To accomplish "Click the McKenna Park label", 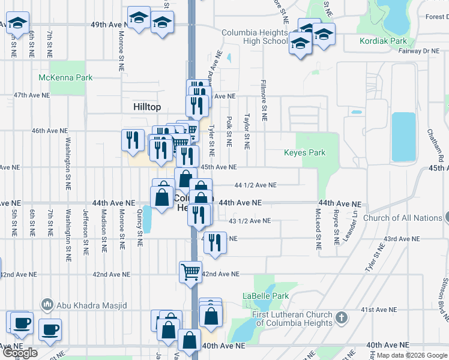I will coord(65,77).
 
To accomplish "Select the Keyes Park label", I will coord(304,152).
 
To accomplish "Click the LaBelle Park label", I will coord(266,296).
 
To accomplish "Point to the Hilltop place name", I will coord(147,106).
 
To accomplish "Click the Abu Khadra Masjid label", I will coord(92,305).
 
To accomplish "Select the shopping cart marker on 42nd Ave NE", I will coord(190,271).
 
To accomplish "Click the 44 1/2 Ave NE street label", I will coord(255,185).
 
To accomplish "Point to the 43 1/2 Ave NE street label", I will coord(250,221).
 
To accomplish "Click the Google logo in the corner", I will coord(20,353).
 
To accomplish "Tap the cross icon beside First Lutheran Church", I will coord(341,317).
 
